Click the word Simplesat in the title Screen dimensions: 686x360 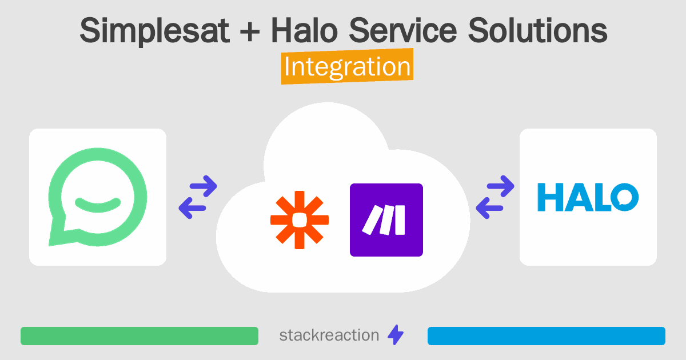tap(155, 31)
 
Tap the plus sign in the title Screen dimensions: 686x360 tap(250, 31)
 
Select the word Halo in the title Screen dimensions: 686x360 tap(305, 30)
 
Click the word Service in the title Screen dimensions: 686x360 tap(402, 30)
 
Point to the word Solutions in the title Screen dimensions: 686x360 tap(537, 30)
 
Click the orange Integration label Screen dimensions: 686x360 tap(348, 66)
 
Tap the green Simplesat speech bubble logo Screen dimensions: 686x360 tap(98, 197)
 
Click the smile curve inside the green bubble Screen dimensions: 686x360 tap(98, 205)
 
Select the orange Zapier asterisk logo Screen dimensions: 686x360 tap(300, 220)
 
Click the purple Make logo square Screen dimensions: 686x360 tap(386, 220)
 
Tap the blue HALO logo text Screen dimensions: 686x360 tap(588, 197)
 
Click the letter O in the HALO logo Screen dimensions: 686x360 tap(625, 197)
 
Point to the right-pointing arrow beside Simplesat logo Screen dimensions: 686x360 tap(204, 186)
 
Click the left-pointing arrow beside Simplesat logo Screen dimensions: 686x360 tap(192, 208)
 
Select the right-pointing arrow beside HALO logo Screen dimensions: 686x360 tap(500, 186)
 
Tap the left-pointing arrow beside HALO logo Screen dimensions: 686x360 tap(489, 208)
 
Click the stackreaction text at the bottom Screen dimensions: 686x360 tap(329, 335)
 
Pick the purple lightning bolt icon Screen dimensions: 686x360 tap(396, 335)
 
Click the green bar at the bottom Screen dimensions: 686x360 tap(139, 336)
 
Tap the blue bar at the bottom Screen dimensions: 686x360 tap(547, 336)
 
